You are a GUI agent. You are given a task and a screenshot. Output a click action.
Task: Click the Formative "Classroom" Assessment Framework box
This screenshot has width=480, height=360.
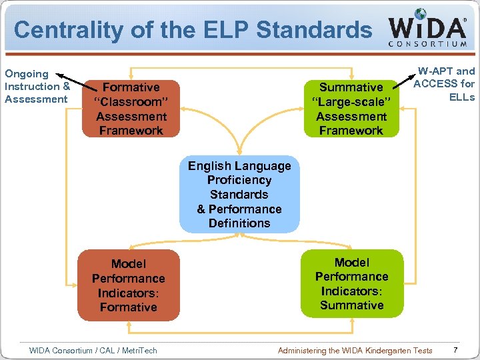[x=131, y=109]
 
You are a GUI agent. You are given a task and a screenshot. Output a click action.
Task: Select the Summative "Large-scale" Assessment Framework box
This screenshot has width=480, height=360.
[x=351, y=109]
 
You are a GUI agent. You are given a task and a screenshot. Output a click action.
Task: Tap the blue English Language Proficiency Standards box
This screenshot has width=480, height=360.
[x=239, y=194]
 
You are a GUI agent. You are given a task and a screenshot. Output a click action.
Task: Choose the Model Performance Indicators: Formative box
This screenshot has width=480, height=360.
[x=128, y=285]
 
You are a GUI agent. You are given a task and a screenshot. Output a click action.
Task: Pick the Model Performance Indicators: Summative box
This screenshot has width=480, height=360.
[x=351, y=283]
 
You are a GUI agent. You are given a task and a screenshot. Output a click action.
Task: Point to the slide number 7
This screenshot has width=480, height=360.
[x=455, y=350]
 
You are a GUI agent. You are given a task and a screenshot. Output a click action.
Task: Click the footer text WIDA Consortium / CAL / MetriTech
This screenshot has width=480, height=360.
[x=93, y=350]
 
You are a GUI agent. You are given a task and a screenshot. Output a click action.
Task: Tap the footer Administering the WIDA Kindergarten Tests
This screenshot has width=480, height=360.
[x=355, y=350]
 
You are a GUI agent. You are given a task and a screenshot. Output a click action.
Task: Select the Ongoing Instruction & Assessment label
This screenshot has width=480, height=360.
[x=37, y=87]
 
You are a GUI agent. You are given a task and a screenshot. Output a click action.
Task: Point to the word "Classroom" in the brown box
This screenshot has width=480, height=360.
[x=131, y=102]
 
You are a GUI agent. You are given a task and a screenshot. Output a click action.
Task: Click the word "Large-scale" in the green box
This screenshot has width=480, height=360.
[x=351, y=102]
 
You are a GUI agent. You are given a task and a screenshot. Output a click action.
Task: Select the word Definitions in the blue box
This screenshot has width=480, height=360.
[x=239, y=223]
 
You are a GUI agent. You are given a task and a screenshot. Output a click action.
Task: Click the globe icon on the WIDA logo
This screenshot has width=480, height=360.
[x=420, y=14]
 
